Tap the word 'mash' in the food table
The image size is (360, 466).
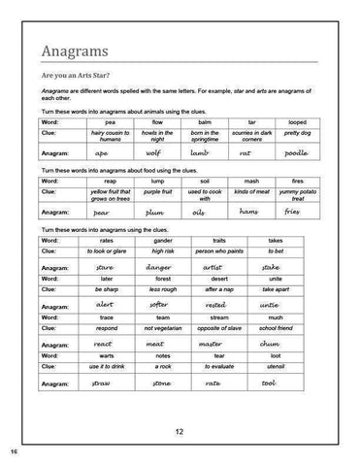(x=250, y=181)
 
